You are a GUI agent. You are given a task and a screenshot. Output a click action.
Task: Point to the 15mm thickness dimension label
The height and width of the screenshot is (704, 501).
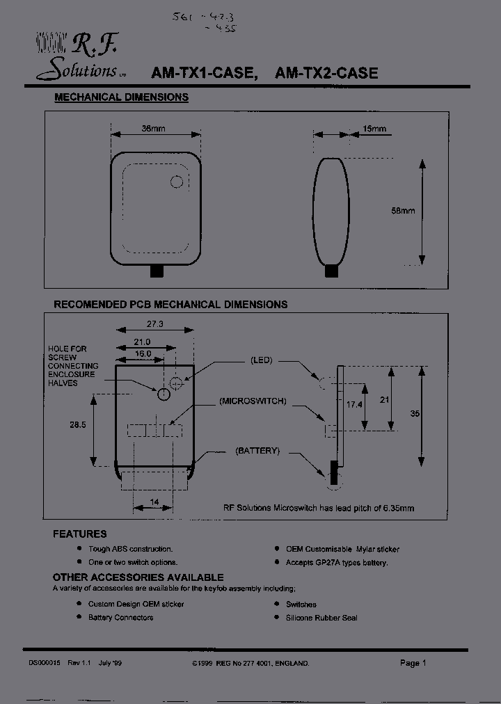coord(374,129)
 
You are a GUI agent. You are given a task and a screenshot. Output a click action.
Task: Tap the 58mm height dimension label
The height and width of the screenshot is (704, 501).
coord(403,211)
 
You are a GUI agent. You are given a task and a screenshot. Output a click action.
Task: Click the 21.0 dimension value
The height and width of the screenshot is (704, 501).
coord(142,342)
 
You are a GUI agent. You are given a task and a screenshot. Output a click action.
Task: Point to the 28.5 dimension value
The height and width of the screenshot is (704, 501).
coord(78,426)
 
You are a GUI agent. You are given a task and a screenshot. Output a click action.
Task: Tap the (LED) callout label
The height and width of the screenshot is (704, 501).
coord(261,360)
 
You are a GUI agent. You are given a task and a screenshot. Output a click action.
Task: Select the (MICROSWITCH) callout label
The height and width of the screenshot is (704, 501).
coord(252,401)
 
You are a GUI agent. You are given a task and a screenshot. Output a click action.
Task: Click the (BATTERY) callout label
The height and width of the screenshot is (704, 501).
coord(257,451)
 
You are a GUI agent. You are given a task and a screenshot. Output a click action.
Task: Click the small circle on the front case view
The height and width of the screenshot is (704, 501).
coord(177,182)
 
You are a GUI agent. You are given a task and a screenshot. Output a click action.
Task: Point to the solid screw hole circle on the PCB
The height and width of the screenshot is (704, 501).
coord(164,394)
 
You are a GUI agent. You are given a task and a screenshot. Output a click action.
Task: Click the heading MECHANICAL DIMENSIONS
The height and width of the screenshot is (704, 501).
coord(121,97)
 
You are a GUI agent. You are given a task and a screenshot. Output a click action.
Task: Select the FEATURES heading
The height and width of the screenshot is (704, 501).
coord(80,534)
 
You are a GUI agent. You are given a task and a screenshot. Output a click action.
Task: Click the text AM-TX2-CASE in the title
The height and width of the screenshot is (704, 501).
coord(326,73)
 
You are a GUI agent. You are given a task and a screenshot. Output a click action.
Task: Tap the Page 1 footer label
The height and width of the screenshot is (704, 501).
coord(413,663)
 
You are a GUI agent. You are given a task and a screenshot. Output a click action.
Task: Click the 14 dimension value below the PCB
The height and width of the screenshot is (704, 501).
coord(154,502)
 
